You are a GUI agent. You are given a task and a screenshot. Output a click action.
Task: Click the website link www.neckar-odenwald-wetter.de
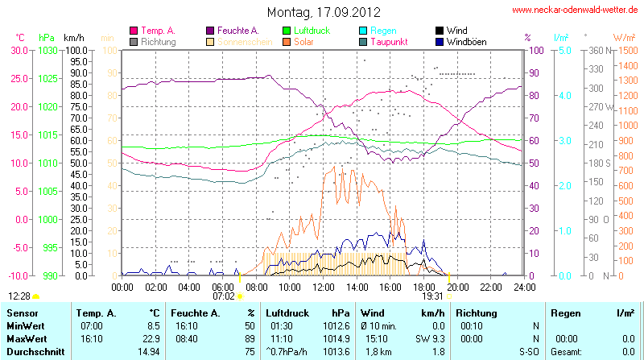tap(576, 10)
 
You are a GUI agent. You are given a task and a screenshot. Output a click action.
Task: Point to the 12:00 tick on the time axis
tap(323, 287)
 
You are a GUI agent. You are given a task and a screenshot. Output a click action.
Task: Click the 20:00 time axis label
tap(457, 287)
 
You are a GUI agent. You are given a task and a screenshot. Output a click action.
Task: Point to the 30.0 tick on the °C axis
tap(18, 50)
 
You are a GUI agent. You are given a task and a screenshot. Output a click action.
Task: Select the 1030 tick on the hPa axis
tap(47, 50)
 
